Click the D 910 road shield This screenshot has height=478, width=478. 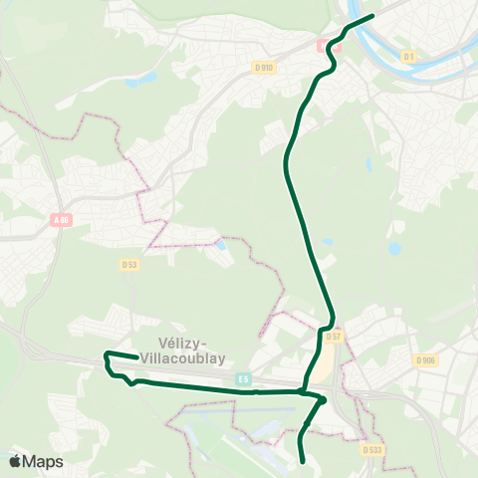pyautogui.click(x=263, y=67)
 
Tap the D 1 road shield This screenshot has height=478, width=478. pyautogui.click(x=408, y=58)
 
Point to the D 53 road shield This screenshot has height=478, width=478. pyautogui.click(x=128, y=265)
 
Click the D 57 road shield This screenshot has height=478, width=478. pyautogui.click(x=334, y=338)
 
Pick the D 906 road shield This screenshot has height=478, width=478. pyautogui.click(x=425, y=360)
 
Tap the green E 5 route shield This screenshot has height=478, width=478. pyautogui.click(x=244, y=378)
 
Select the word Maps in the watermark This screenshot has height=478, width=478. pyautogui.click(x=43, y=461)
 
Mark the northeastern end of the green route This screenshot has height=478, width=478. pyautogui.click(x=371, y=16)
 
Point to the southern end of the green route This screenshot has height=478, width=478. pyautogui.click(x=302, y=461)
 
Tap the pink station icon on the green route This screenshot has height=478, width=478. pyautogui.click(x=323, y=45)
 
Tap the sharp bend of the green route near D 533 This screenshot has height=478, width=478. pyautogui.click(x=324, y=400)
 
